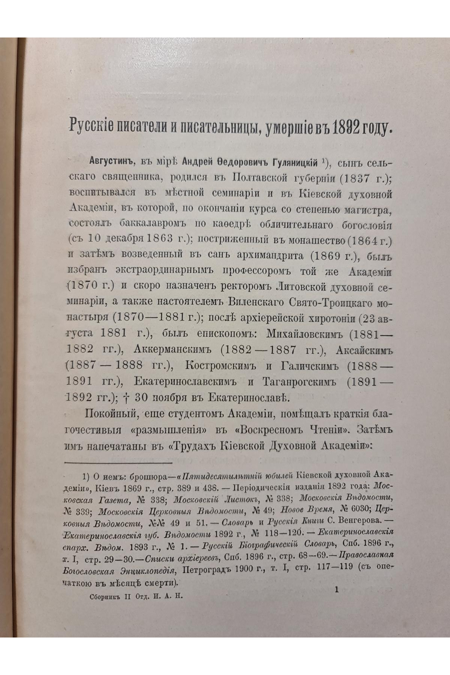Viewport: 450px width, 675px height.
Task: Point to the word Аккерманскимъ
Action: [172, 349]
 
